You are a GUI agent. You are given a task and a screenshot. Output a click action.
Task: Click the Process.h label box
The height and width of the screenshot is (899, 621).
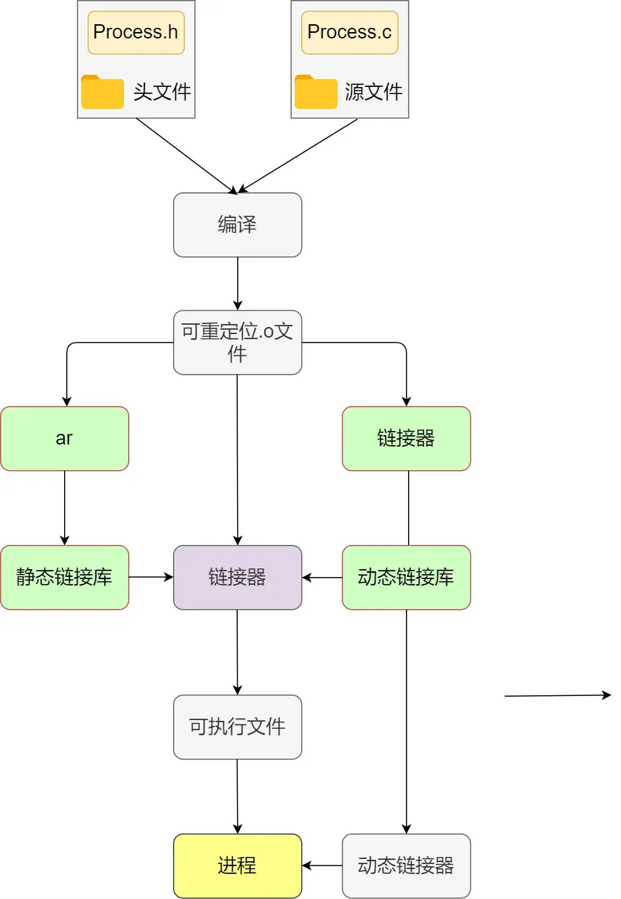[x=136, y=32]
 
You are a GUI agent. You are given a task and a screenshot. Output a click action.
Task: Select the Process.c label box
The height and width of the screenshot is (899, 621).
[x=350, y=32]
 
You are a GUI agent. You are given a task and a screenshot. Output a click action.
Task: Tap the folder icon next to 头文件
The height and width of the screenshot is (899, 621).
[x=103, y=92]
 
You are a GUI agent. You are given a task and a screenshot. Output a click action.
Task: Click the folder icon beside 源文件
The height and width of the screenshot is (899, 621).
[x=316, y=92]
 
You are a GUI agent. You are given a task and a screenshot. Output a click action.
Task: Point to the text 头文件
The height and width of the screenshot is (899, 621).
[x=162, y=92]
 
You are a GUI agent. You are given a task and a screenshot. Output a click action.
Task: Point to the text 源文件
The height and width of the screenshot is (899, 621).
[x=374, y=92]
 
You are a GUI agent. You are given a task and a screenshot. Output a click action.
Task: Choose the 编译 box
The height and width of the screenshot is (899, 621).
[x=237, y=224]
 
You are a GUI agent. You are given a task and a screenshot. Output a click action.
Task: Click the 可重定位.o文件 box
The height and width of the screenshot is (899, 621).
[x=237, y=342]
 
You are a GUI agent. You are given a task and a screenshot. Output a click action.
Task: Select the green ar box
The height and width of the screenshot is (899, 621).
[x=64, y=438]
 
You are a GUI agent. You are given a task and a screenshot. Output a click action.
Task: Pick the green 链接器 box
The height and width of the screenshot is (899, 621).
[x=406, y=438]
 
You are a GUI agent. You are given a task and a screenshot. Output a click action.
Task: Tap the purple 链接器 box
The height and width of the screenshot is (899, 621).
[x=237, y=577]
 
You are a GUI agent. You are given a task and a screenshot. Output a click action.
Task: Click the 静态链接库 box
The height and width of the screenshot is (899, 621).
[x=64, y=577]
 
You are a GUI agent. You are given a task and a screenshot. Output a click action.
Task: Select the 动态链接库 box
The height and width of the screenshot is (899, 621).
[x=406, y=577]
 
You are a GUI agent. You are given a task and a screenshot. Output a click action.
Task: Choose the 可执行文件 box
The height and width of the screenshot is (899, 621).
[x=237, y=727]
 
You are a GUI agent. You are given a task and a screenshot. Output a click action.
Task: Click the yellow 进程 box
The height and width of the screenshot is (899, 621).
[x=237, y=866]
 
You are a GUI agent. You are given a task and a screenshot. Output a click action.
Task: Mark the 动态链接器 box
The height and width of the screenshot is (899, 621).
[x=406, y=866]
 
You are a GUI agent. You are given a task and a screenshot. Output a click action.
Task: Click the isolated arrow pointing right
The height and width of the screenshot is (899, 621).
[x=558, y=696]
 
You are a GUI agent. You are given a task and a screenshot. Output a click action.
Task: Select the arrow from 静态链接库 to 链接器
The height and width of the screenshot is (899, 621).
[x=151, y=577]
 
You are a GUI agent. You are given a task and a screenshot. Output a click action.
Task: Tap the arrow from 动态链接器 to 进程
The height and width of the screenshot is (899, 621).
[x=322, y=866]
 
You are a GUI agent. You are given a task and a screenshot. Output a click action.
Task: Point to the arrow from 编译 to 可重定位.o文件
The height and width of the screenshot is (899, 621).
[x=237, y=283]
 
